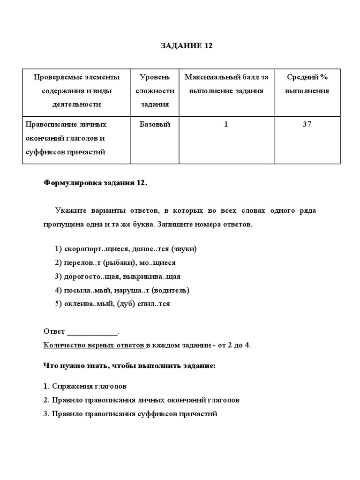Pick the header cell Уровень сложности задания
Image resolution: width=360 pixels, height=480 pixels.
[155, 90]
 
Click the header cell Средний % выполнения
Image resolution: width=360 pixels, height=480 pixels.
[307, 84]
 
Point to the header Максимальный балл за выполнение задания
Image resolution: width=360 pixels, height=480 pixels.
[226, 84]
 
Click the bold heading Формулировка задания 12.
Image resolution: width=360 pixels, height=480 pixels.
[96, 183]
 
